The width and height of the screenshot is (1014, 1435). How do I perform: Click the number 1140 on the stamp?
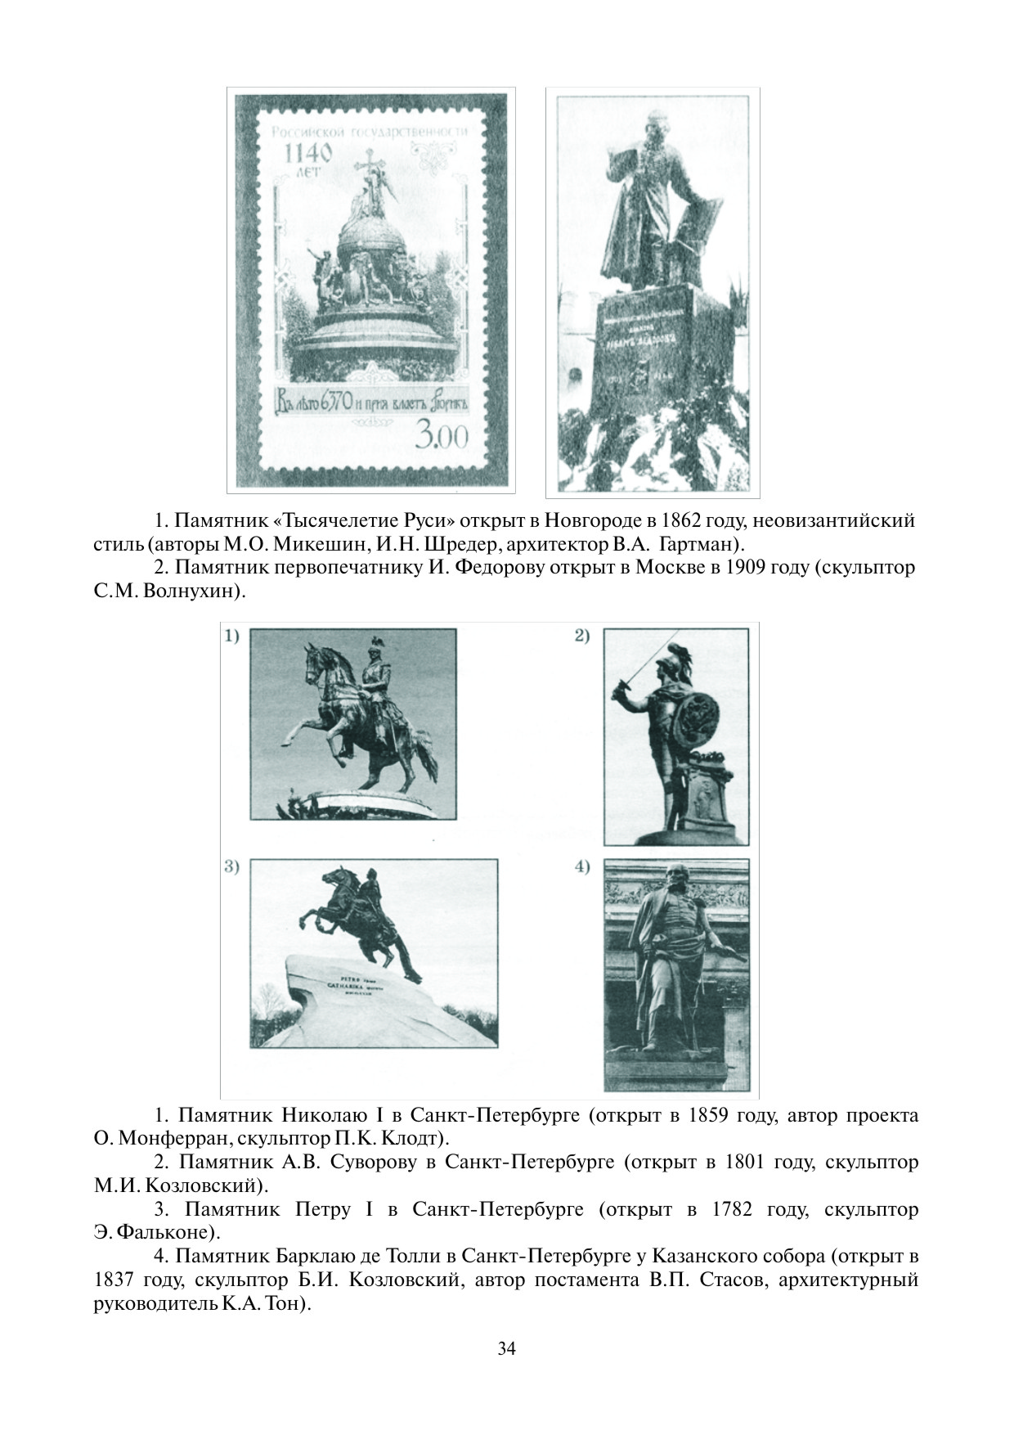click(308, 153)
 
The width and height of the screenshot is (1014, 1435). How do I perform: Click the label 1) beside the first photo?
click(232, 637)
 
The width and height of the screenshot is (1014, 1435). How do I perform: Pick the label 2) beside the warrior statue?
click(582, 637)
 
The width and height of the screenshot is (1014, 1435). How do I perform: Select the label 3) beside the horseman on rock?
click(232, 867)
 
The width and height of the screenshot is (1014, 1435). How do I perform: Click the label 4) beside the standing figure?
click(582, 867)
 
